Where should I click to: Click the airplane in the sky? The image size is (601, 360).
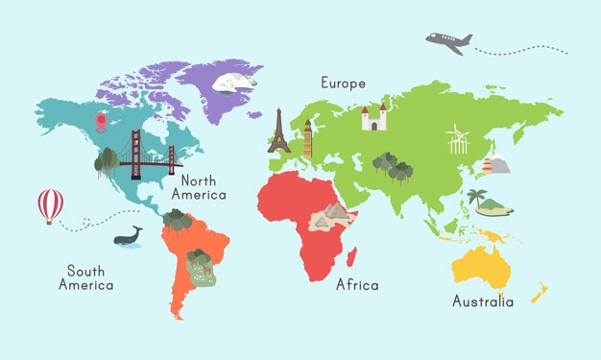(448, 41)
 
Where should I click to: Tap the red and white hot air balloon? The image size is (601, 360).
(50, 204)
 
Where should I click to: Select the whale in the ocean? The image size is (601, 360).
(127, 237)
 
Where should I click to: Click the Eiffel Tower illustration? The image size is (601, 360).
(278, 132)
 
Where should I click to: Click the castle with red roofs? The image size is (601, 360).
(373, 118)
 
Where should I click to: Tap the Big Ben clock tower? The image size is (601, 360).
(307, 138)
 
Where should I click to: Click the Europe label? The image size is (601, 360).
(343, 84)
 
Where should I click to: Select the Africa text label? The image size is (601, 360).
(357, 285)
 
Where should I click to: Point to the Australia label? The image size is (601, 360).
(482, 301)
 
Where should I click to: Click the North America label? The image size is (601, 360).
(199, 186)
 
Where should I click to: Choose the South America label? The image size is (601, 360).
(85, 277)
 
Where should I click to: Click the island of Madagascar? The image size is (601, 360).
(351, 256)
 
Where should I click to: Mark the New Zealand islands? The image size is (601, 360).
(539, 292)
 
